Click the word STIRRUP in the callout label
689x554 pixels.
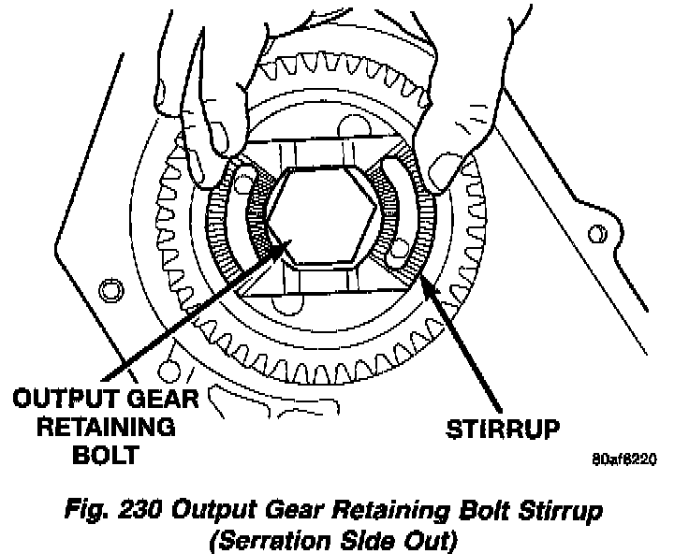504,430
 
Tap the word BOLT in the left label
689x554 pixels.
109,456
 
